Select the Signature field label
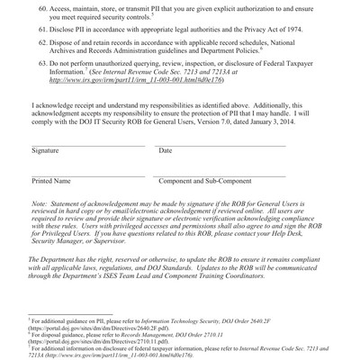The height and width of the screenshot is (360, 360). [x=46, y=150]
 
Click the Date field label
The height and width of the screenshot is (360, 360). [x=165, y=150]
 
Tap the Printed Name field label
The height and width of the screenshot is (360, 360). [x=50, y=181]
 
